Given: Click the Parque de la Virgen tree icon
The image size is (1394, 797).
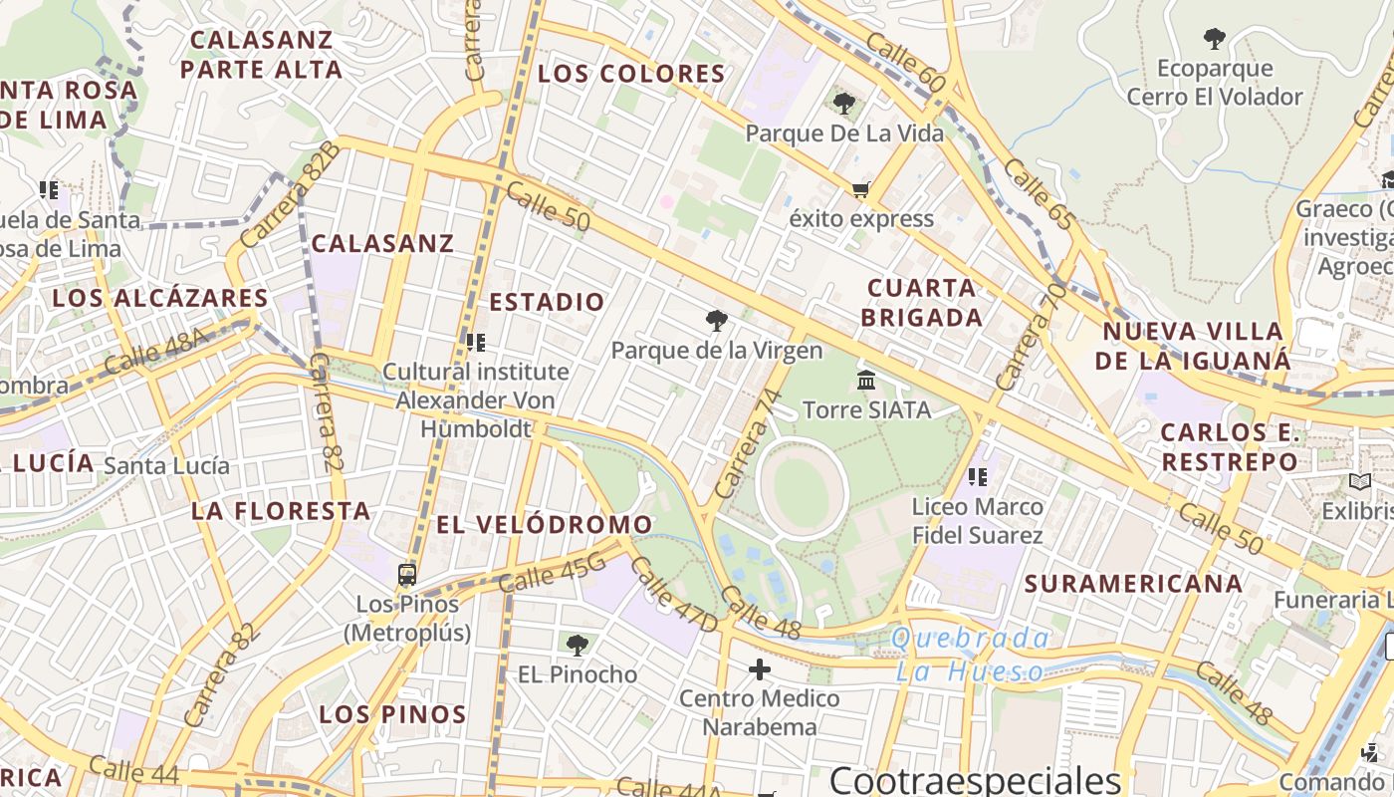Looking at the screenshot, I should (x=716, y=321).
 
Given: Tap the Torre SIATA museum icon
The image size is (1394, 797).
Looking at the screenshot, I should (x=865, y=381).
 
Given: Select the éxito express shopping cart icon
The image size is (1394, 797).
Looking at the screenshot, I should (x=860, y=189).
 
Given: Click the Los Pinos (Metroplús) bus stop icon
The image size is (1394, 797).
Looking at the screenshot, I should (x=406, y=575).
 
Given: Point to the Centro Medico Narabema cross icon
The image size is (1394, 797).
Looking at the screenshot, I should (x=760, y=669).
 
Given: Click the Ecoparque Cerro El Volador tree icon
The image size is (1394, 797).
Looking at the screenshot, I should (x=1214, y=40).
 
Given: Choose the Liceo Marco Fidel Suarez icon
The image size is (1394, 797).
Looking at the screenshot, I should (x=977, y=477).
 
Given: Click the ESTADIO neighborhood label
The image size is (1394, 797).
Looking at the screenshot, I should (x=547, y=302).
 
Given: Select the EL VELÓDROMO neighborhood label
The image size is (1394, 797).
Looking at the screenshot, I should (x=545, y=524).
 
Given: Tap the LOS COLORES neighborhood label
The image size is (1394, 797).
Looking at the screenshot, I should (x=631, y=74).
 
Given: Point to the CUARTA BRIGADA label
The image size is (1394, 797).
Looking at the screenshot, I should (x=921, y=303).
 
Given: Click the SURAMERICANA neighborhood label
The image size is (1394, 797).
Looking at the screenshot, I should (x=1133, y=584).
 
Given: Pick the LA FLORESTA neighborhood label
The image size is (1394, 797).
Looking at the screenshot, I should (x=281, y=511).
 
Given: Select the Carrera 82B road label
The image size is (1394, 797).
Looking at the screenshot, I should (x=290, y=195).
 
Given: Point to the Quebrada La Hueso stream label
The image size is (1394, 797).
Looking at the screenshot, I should (x=971, y=655).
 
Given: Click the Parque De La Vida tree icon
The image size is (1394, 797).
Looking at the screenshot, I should (x=844, y=103).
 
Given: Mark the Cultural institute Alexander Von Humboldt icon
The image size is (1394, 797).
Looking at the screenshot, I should (x=476, y=343).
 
